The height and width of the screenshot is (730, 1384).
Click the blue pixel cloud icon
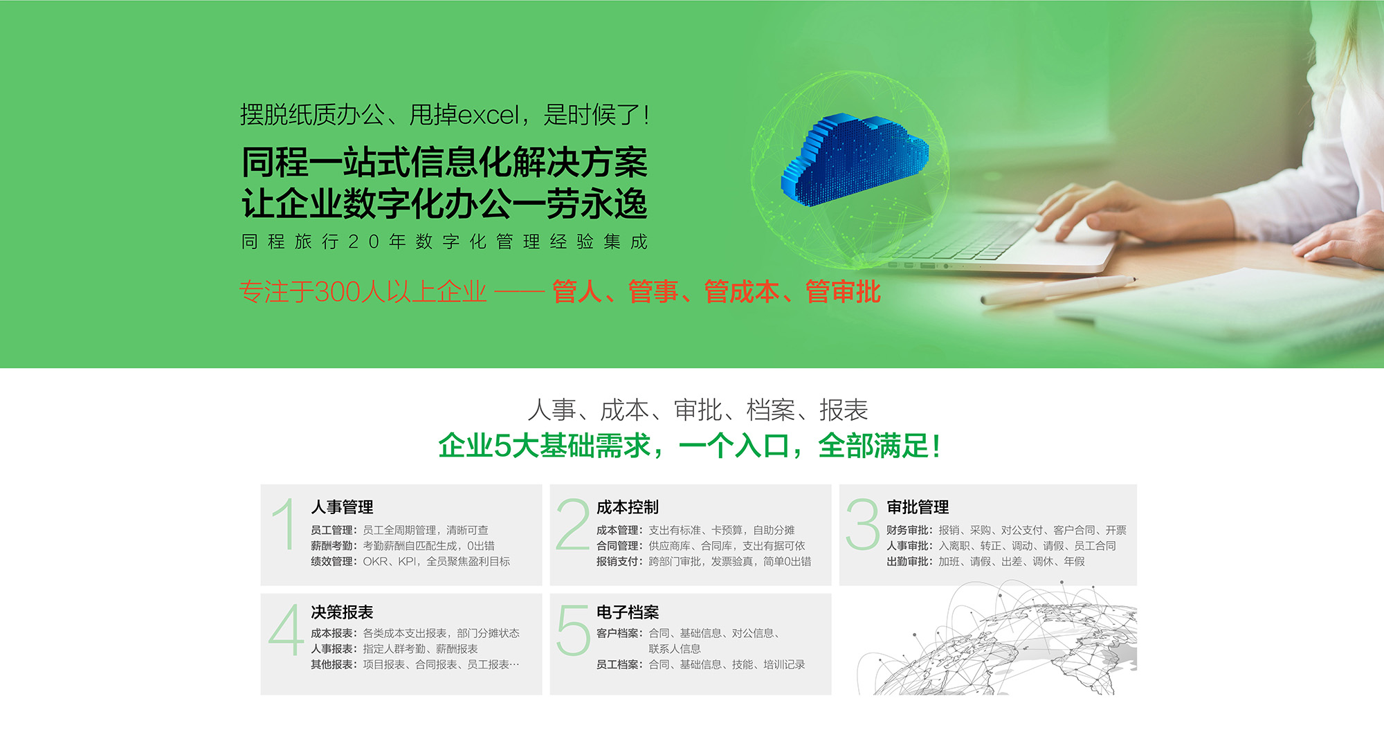pyautogui.click(x=855, y=160)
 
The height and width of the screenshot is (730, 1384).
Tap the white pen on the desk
pyautogui.click(x=1058, y=290)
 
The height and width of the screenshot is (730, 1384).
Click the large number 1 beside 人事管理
pyautogui.click(x=284, y=524)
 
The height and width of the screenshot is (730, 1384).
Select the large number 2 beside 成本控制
pyautogui.click(x=573, y=524)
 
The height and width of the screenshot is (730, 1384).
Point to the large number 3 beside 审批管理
pyautogui.click(x=862, y=524)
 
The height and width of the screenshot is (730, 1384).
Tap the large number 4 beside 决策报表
pyautogui.click(x=286, y=629)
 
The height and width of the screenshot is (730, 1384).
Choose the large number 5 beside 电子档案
pyautogui.click(x=573, y=630)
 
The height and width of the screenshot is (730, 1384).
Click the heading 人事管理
pyautogui.click(x=342, y=507)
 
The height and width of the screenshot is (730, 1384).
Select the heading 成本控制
pyautogui.click(x=628, y=507)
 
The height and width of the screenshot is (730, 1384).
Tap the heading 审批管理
pyautogui.click(x=918, y=507)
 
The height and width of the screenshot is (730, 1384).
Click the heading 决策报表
pyautogui.click(x=342, y=612)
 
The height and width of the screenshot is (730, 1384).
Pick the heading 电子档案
pyautogui.click(x=628, y=612)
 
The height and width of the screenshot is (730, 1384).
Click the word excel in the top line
pyautogui.click(x=489, y=115)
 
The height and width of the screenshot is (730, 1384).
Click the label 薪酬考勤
pyautogui.click(x=331, y=546)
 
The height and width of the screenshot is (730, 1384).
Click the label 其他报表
pyautogui.click(x=331, y=665)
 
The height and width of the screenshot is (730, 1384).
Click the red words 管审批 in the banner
pyautogui.click(x=843, y=292)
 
